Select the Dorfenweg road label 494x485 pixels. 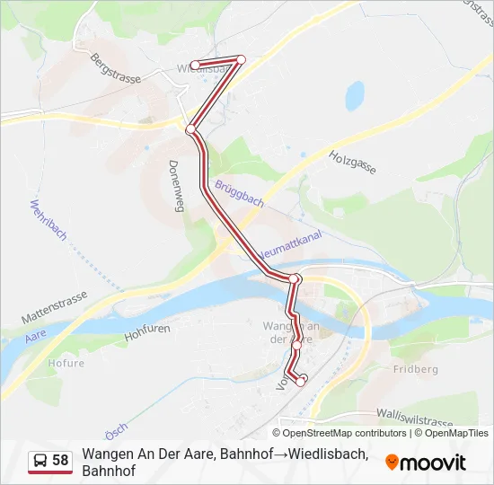[176, 186]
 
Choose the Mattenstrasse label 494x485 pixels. [54, 305]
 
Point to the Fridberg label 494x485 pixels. [415, 369]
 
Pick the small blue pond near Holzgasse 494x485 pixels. [356, 95]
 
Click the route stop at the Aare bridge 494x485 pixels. [295, 279]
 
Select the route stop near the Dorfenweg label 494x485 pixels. [190, 130]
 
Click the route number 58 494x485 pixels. [61, 461]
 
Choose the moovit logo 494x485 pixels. [426, 463]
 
